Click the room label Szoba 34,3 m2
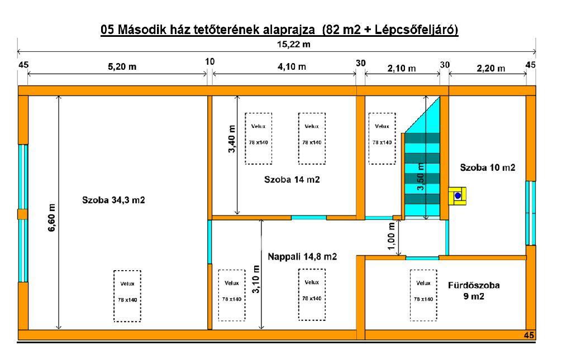click(x=113, y=200)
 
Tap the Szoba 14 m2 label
click(x=292, y=179)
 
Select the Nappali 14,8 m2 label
click(x=302, y=257)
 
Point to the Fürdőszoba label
click(x=474, y=285)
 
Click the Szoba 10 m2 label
click(x=487, y=167)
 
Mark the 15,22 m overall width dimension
click(x=294, y=45)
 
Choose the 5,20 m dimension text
click(x=122, y=66)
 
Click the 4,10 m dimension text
click(x=292, y=66)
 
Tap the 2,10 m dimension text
click(x=401, y=68)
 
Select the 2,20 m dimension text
click(x=490, y=68)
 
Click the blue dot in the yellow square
click(x=458, y=196)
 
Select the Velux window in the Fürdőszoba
click(x=423, y=295)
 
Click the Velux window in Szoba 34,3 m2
click(x=127, y=296)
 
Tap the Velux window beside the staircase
click(x=382, y=138)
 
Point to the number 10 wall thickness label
click(x=210, y=61)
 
